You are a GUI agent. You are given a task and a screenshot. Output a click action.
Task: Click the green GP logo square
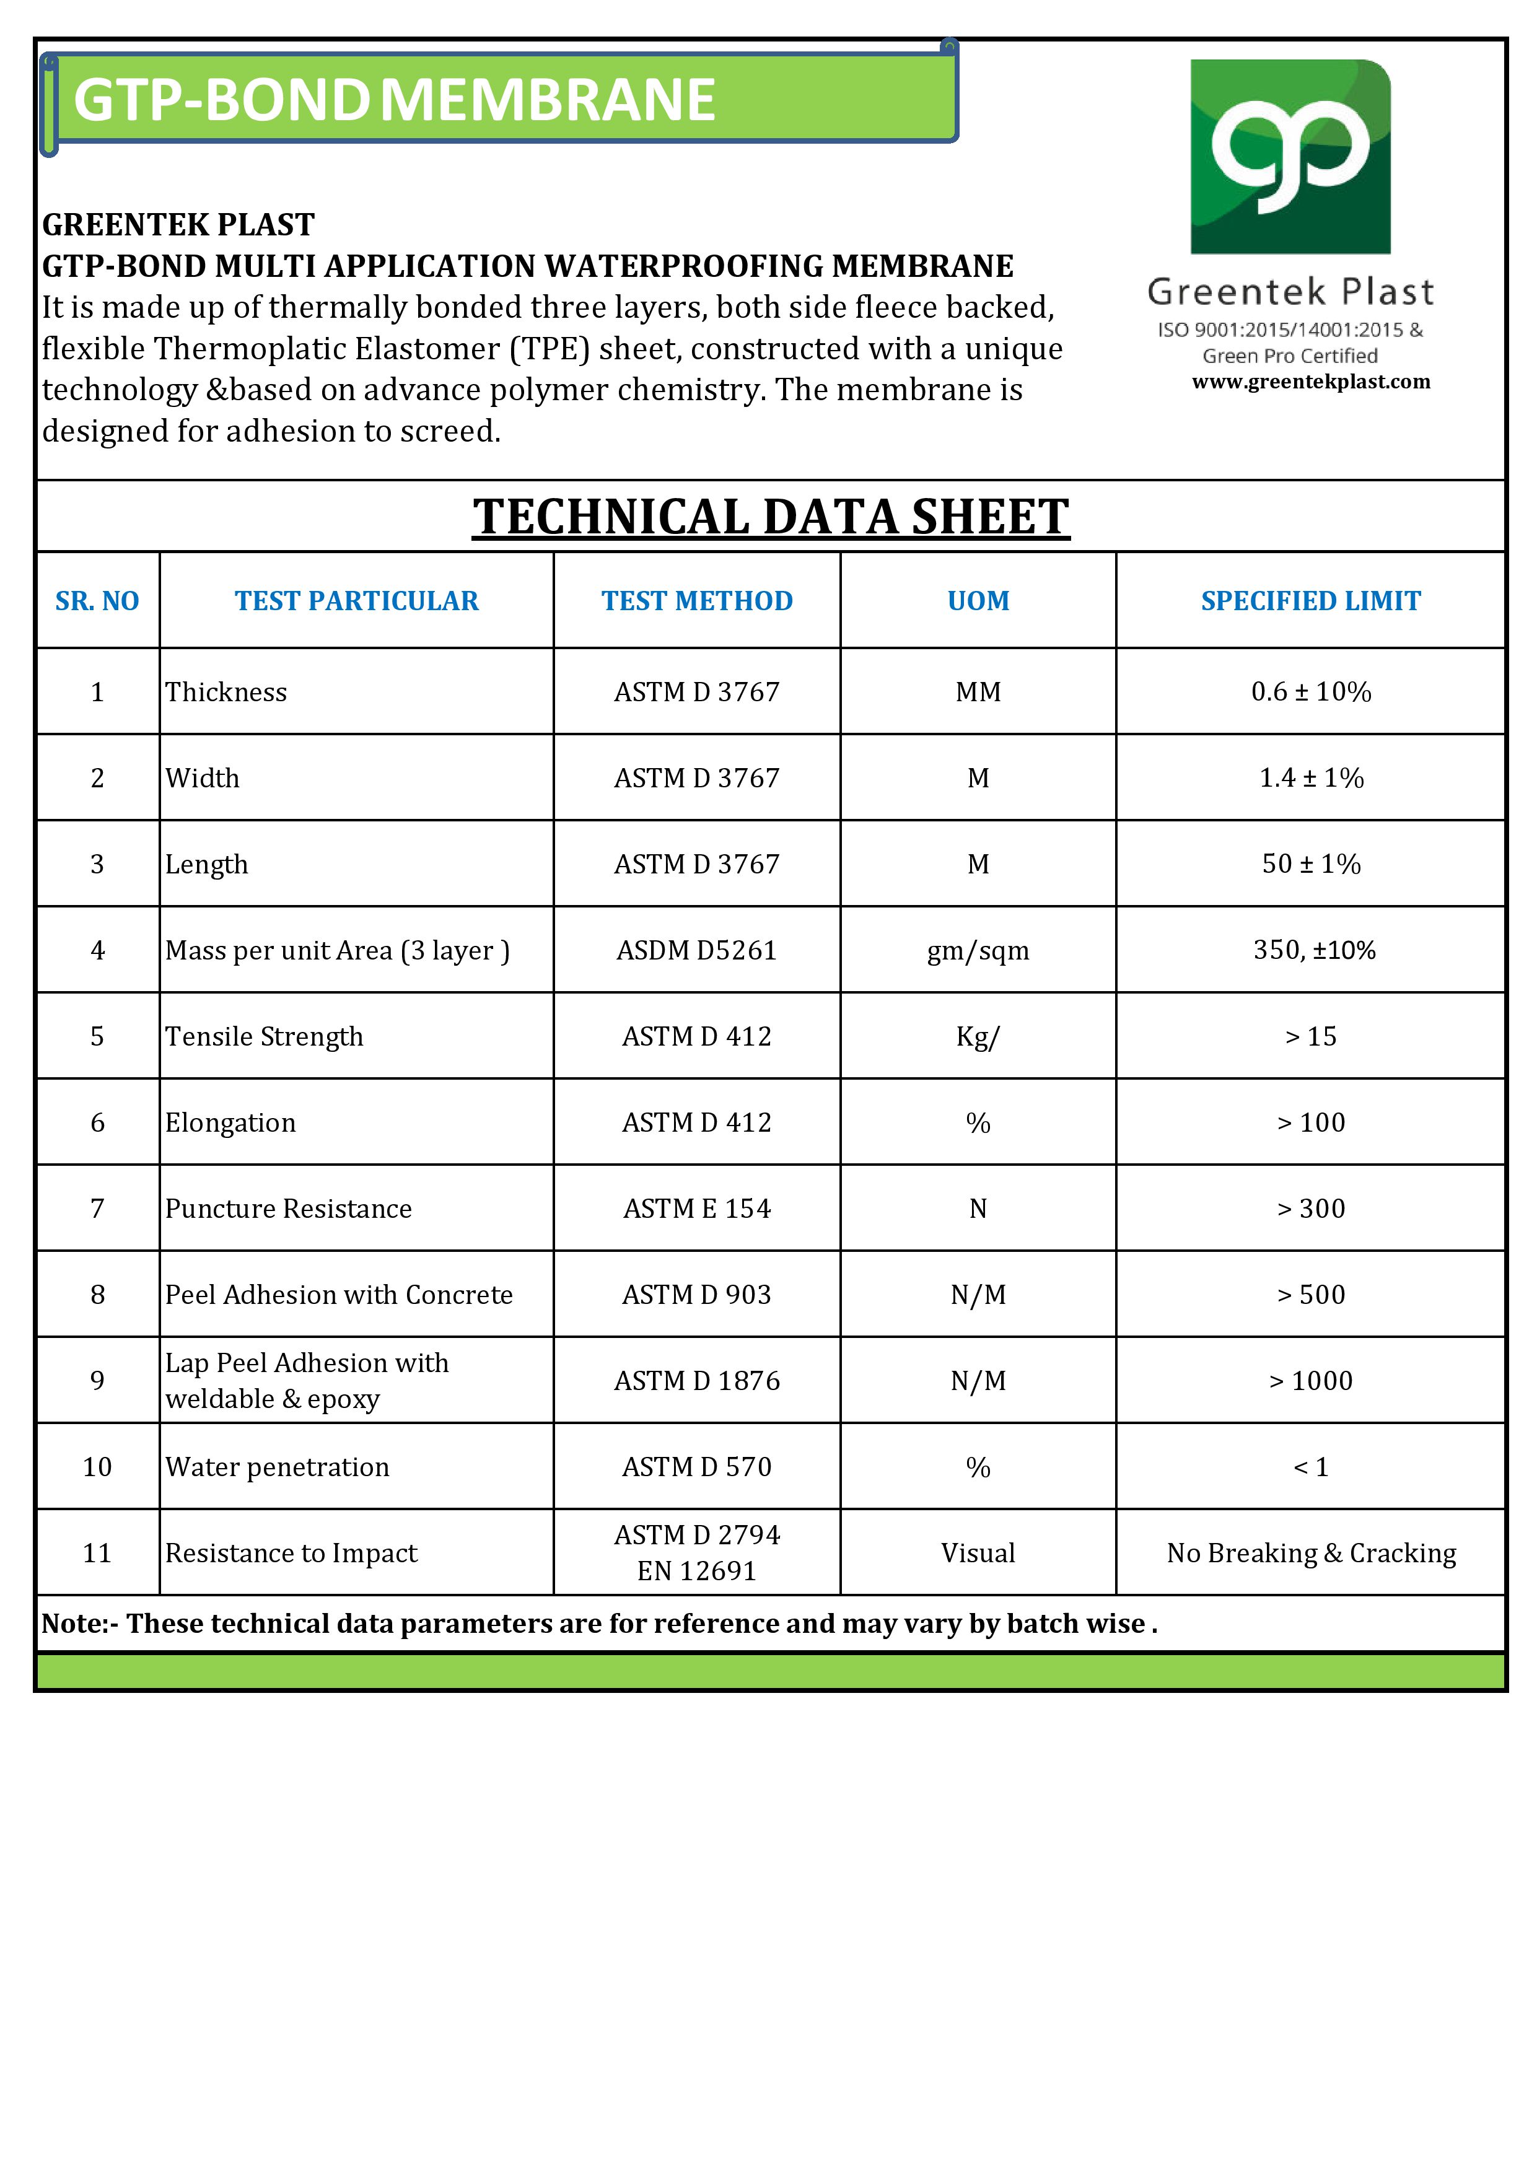[1290, 156]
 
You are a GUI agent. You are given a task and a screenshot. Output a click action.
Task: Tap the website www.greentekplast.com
[1311, 382]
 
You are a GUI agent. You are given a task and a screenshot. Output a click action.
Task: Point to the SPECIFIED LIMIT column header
[1311, 601]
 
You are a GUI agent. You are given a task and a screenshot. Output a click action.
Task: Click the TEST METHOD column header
[696, 601]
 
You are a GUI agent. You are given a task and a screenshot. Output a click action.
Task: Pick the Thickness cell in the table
[226, 692]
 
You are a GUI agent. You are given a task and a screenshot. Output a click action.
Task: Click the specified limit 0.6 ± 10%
[1311, 692]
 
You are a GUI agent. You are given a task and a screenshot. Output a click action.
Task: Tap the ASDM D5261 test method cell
[696, 950]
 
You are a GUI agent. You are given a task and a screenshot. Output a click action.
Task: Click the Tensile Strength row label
[264, 1036]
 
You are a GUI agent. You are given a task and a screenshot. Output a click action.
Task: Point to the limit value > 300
[1311, 1209]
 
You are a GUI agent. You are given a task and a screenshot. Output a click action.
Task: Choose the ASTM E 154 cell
[696, 1209]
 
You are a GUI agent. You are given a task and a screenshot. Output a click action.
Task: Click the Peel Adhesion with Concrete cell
[339, 1295]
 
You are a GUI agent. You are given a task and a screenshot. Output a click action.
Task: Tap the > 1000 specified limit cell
[1311, 1381]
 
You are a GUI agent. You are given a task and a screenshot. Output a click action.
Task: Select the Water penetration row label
[278, 1467]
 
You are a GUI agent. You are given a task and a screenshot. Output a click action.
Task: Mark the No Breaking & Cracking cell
[1311, 1553]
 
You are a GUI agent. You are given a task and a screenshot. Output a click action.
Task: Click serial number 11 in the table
[97, 1553]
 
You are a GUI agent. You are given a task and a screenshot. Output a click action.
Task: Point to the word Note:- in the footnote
[79, 1624]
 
